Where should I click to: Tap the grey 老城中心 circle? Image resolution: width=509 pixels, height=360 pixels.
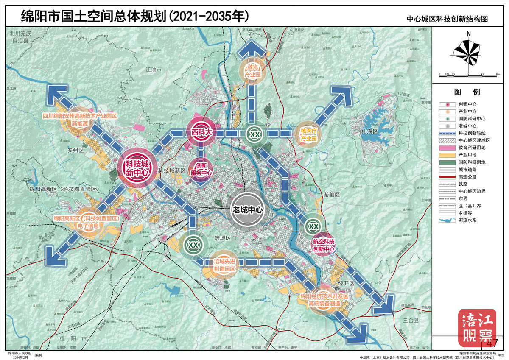tap(247, 209)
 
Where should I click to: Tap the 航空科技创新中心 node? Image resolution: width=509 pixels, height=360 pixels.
tap(324, 245)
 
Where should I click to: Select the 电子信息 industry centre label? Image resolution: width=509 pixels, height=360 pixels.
tap(88, 226)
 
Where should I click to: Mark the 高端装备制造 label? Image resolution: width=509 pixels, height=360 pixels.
tap(324, 304)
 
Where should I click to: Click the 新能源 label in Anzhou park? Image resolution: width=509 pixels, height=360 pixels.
tap(80, 124)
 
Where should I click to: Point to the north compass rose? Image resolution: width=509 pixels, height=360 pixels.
tap(468, 51)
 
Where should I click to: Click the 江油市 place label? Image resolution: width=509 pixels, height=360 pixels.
tap(153, 69)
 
